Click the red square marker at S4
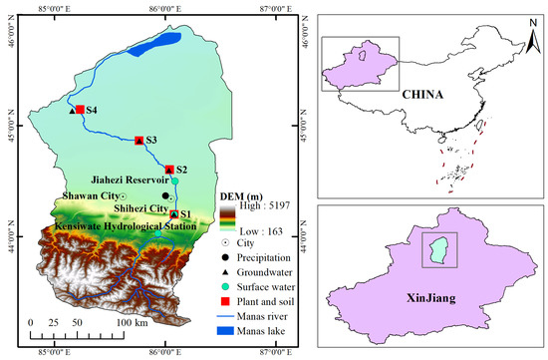[x=80, y=110]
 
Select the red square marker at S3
[x=139, y=140]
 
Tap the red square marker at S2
[x=169, y=170]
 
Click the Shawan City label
[x=89, y=196]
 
